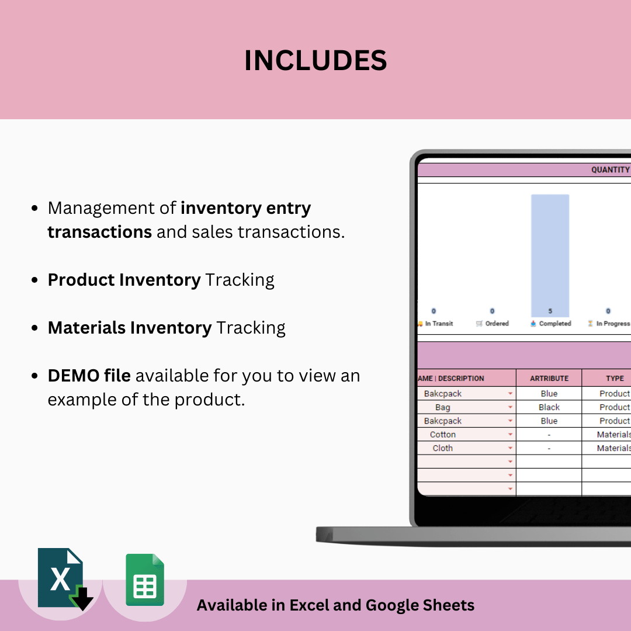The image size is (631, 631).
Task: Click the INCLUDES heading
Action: coord(315,61)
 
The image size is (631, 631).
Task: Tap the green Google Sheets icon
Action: coord(145,580)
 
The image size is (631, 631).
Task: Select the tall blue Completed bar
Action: coord(550,255)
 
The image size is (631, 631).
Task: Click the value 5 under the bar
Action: coord(550,311)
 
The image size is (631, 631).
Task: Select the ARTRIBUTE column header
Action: coord(549,378)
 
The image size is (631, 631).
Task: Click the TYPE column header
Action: coord(614,378)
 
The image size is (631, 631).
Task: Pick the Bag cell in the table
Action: coord(442,407)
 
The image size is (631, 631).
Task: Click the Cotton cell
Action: coord(442,435)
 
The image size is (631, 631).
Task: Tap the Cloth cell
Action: coord(442,448)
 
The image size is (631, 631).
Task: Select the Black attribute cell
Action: coord(549,407)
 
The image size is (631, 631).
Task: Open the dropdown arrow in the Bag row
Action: coord(510,407)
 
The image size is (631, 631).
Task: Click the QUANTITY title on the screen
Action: coord(610,169)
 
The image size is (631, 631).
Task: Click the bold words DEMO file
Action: coord(89,376)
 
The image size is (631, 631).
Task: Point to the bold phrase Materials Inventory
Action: coord(129,328)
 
